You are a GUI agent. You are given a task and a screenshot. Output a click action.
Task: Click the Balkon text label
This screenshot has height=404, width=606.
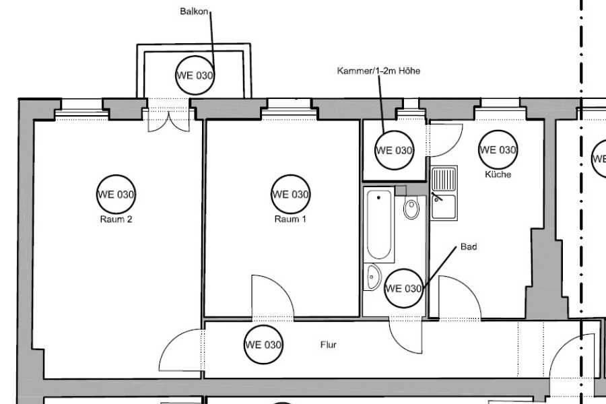pyautogui.click(x=194, y=11)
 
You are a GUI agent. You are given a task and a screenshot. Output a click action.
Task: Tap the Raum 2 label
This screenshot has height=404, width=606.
pyautogui.click(x=116, y=220)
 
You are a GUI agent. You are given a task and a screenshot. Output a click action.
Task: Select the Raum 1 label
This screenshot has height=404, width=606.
pyautogui.click(x=290, y=220)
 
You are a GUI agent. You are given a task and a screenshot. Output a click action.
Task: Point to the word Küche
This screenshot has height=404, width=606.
pyautogui.click(x=498, y=174)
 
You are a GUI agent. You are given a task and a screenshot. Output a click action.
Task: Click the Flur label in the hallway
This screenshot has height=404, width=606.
pyautogui.click(x=329, y=345)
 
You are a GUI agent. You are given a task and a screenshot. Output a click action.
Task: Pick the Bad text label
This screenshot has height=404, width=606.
pyautogui.click(x=469, y=246)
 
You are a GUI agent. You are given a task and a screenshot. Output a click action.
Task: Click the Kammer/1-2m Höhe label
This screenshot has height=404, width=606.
pyautogui.click(x=378, y=71)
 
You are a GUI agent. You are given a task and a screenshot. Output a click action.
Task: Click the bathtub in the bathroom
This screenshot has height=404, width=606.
pyautogui.click(x=378, y=225)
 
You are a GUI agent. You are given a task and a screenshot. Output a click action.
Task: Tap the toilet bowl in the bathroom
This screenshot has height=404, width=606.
pyautogui.click(x=411, y=208)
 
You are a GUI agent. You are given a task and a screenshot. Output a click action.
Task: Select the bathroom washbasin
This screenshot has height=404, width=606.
pyautogui.click(x=372, y=277)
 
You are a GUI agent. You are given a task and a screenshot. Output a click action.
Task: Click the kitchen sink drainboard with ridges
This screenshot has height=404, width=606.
pyautogui.click(x=444, y=179)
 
